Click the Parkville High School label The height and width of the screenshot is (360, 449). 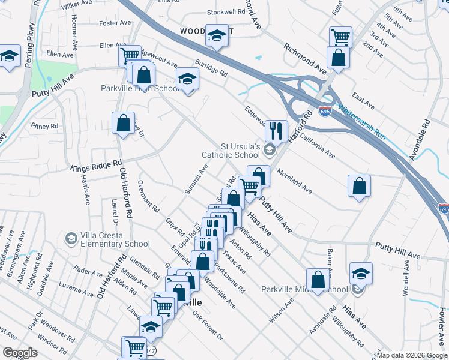[x=139, y=88]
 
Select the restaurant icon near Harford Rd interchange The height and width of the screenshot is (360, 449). [x=276, y=130]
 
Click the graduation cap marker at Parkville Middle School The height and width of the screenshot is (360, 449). [x=361, y=273]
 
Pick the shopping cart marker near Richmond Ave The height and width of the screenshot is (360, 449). [x=340, y=37]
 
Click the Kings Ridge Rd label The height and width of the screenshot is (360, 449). [x=96, y=166]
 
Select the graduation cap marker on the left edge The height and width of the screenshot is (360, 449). [x=9, y=57]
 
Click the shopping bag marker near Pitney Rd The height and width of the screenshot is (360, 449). [x=124, y=123]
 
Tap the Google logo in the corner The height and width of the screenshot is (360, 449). [x=19, y=353]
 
